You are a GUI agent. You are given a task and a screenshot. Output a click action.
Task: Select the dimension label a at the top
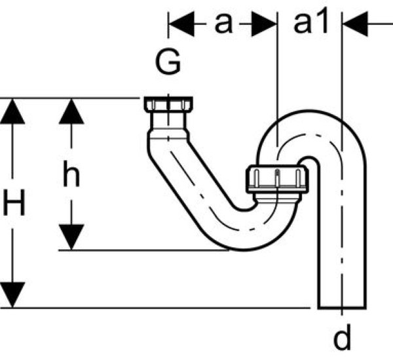pos(225,23)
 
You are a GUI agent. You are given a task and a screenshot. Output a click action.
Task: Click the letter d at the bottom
pos(341,339)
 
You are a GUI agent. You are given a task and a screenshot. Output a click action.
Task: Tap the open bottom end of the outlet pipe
pos(341,306)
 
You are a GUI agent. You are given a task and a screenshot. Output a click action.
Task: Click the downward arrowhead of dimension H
pos(14,293)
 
